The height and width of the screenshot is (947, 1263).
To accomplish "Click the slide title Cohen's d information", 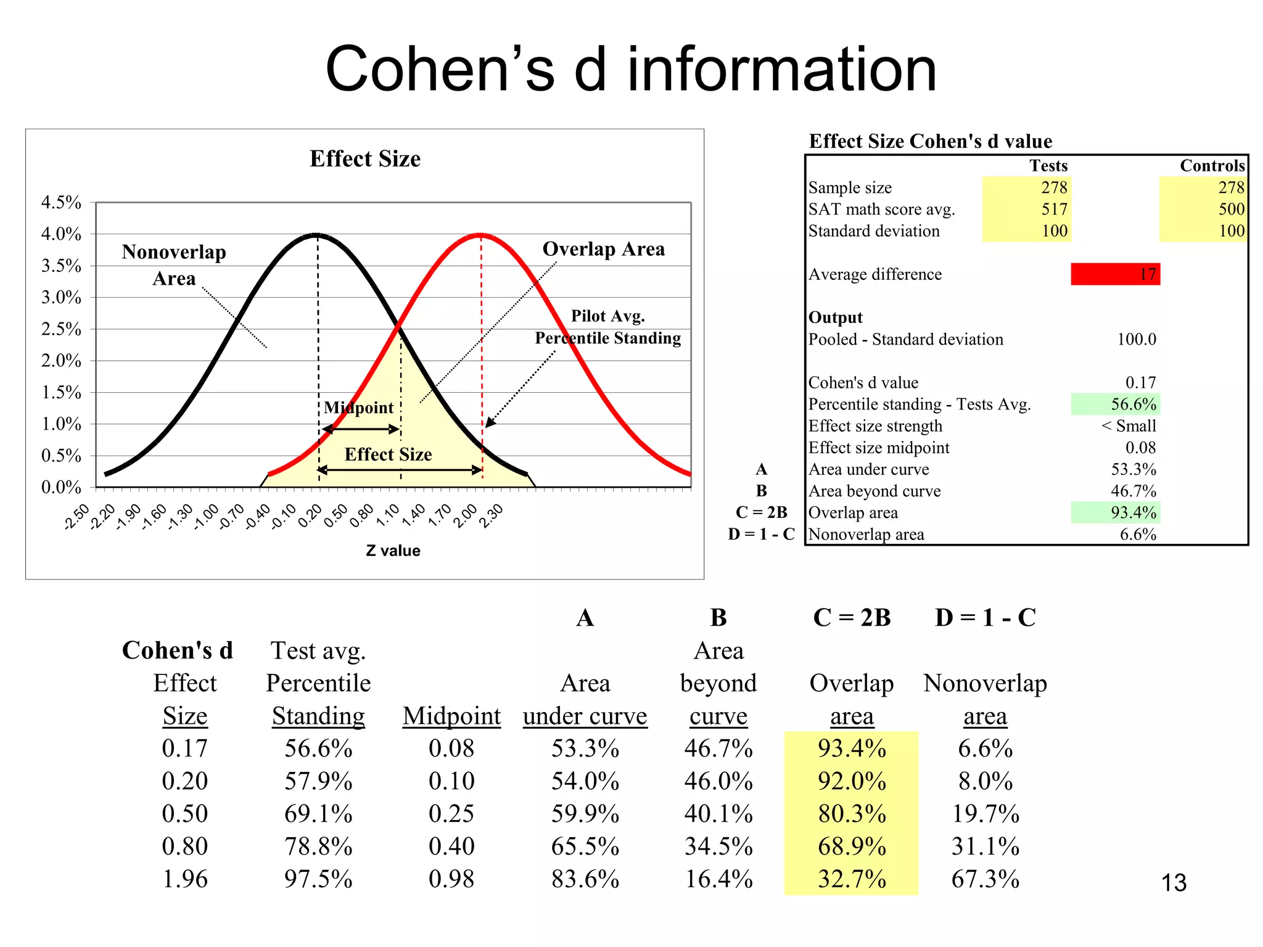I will [x=631, y=69].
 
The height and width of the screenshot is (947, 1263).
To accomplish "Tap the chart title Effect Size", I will [x=365, y=159].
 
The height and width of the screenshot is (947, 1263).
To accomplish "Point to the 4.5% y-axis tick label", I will [x=61, y=202].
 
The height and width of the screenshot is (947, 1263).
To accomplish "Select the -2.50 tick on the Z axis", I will [x=77, y=516].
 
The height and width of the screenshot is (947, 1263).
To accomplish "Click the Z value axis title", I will [x=393, y=551].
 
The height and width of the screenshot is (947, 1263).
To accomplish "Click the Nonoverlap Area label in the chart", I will [x=174, y=264].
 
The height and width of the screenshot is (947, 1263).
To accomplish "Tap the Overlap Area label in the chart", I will [x=603, y=249].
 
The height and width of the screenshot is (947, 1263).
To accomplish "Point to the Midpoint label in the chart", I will [x=358, y=408].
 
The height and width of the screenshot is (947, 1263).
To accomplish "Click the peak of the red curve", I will [x=480, y=234].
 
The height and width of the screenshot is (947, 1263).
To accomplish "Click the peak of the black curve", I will [x=316, y=234].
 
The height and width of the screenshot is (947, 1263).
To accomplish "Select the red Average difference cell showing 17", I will [x=1115, y=274].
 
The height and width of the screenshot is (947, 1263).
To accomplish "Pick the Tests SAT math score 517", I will [x=1054, y=209].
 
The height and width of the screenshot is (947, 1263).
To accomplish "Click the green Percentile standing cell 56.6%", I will [x=1115, y=404].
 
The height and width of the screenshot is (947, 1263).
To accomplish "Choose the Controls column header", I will [x=1212, y=166].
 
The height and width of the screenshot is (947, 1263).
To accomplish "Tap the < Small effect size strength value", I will [x=1129, y=426].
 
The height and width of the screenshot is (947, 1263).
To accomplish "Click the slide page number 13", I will [x=1174, y=883].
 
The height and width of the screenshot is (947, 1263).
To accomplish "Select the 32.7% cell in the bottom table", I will [x=852, y=879].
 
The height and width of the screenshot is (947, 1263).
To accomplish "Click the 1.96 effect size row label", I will [x=184, y=879].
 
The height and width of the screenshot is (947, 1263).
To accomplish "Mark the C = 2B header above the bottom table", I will [x=852, y=618].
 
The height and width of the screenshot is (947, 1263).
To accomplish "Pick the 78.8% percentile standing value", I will [x=318, y=847].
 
